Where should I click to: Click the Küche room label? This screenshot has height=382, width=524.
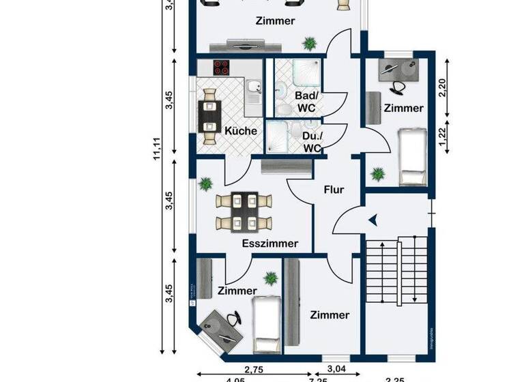240,131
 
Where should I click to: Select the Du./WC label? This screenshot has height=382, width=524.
312,143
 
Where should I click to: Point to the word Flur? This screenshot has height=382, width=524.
334,190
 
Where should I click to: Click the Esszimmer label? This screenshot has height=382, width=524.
270,244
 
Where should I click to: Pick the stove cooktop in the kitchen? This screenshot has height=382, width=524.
222,68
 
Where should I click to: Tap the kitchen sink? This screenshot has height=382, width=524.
253,87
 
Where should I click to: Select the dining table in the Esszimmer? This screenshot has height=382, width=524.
244,211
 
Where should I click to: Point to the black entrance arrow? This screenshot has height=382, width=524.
373,220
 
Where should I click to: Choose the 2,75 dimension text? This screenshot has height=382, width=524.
254,369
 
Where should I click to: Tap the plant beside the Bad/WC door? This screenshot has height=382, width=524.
310,43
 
